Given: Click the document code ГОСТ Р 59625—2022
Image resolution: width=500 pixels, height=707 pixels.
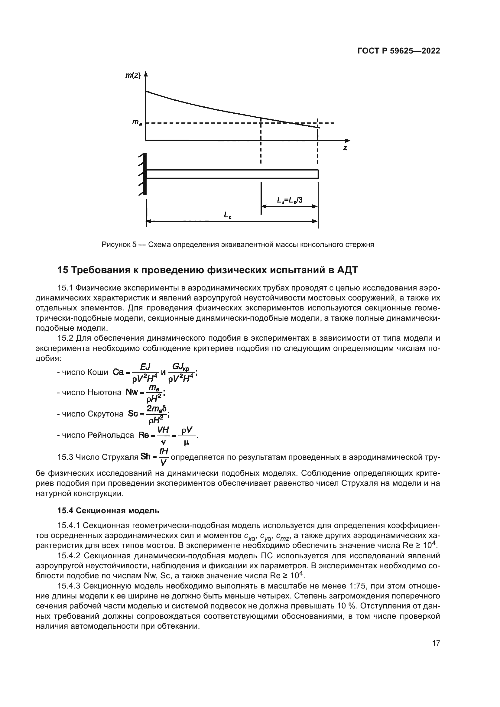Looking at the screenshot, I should pyautogui.click(x=399, y=51).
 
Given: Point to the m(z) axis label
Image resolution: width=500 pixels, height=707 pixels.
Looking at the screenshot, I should pyautogui.click(x=133, y=76).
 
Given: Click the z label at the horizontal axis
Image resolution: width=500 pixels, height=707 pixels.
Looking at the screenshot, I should pyautogui.click(x=345, y=148).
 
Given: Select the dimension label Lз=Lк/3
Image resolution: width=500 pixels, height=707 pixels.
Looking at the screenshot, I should pyautogui.click(x=290, y=200).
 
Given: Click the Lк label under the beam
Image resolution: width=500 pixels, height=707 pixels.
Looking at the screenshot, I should pyautogui.click(x=228, y=215).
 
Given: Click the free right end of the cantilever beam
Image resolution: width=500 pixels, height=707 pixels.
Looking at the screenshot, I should pyautogui.click(x=318, y=174).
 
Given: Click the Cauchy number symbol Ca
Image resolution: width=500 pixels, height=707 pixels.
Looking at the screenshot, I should pyautogui.click(x=118, y=372).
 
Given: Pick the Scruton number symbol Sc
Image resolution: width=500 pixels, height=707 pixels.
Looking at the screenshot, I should pyautogui.click(x=133, y=414).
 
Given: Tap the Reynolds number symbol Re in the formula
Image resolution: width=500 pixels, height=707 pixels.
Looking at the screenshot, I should pyautogui.click(x=144, y=435).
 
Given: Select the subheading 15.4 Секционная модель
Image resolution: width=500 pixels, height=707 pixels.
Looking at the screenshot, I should pyautogui.click(x=109, y=511).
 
